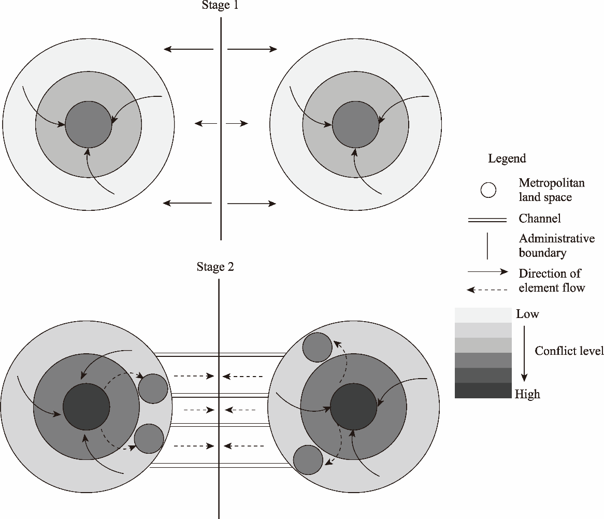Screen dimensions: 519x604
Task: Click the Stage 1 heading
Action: click(x=220, y=6)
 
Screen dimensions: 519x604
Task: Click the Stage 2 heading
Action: click(x=215, y=267)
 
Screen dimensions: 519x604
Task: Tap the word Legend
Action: click(x=507, y=158)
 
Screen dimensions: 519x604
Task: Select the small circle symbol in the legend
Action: click(x=488, y=190)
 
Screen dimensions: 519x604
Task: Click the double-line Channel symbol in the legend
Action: click(x=487, y=220)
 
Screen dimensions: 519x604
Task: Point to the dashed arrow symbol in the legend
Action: click(x=487, y=290)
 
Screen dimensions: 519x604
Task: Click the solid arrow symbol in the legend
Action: click(x=487, y=271)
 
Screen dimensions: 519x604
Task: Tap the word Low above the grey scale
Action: click(x=527, y=314)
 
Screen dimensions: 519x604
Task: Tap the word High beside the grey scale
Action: click(x=527, y=394)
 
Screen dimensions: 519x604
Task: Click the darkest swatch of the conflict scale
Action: click(x=483, y=391)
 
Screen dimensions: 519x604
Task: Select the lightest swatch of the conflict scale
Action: click(x=483, y=315)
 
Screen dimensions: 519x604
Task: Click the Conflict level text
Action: click(x=569, y=351)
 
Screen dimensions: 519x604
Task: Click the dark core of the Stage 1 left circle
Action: click(x=88, y=124)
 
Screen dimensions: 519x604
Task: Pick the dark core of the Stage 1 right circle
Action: click(x=355, y=124)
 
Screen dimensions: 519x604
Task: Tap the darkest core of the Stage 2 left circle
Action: click(x=86, y=407)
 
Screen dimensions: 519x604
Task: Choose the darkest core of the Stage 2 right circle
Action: click(x=353, y=407)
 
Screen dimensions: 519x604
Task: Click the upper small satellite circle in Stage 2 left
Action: click(x=153, y=388)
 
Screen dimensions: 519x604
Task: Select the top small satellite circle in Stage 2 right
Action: click(x=317, y=347)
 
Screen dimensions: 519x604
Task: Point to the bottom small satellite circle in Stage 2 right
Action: click(x=308, y=460)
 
